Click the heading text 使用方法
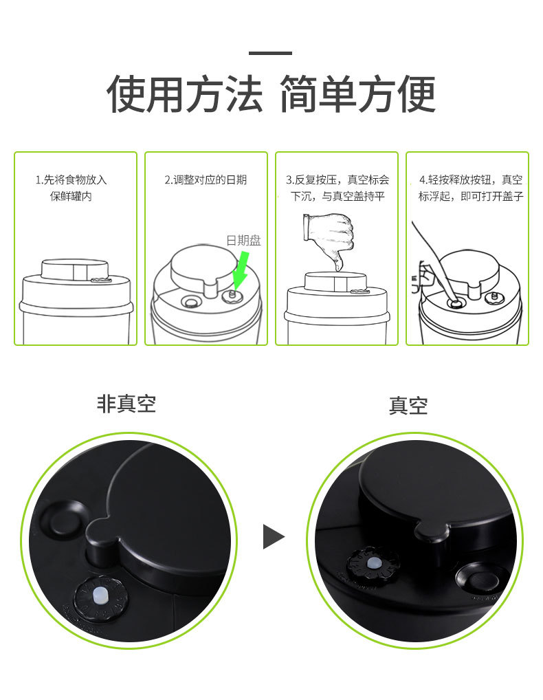(184, 94)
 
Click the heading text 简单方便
(357, 94)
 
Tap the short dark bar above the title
(271, 53)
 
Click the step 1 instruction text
(71, 188)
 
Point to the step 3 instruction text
(337, 188)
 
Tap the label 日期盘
(244, 241)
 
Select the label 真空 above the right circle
(408, 406)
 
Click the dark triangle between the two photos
(273, 536)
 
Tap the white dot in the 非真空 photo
(100, 595)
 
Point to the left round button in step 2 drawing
(190, 302)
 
